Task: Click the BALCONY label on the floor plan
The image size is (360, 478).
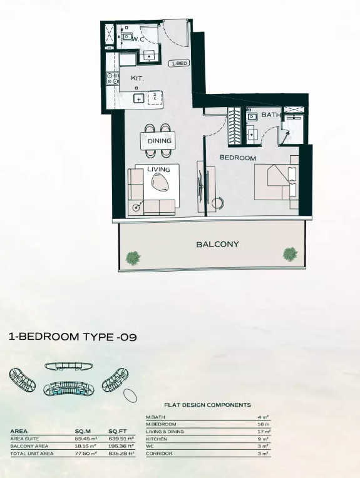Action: [x=217, y=244]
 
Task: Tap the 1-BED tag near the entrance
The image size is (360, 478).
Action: [x=179, y=64]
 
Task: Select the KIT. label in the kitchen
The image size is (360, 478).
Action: [x=137, y=78]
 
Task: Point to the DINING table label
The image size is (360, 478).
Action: [x=159, y=141]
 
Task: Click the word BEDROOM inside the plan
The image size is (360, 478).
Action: [x=238, y=158]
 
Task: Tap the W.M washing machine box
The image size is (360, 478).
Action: [x=155, y=98]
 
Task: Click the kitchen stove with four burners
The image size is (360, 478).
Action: [x=112, y=78]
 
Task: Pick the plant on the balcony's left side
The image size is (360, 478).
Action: [x=133, y=258]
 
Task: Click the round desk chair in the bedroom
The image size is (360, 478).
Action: [x=217, y=203]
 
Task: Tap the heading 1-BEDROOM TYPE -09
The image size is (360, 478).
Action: [x=73, y=337]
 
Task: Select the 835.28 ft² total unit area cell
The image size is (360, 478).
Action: [x=121, y=454]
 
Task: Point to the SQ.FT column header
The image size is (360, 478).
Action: [x=118, y=431]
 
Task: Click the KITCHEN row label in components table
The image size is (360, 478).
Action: [x=157, y=439]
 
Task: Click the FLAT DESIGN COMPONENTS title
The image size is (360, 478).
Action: [x=207, y=405]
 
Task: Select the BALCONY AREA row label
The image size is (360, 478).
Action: [x=29, y=446]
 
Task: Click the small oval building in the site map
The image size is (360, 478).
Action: [x=130, y=395]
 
